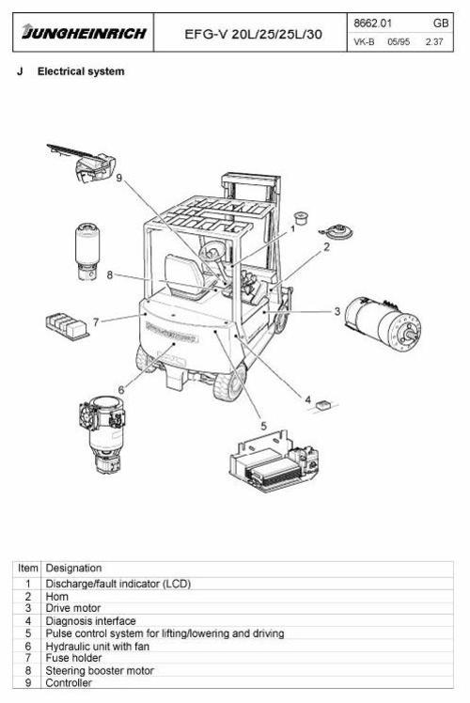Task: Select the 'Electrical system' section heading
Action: (80, 71)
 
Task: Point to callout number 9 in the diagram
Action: (119, 177)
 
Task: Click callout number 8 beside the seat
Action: (110, 275)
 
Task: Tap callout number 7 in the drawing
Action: (95, 321)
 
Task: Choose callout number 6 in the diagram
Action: (120, 388)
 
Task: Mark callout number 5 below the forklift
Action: (263, 425)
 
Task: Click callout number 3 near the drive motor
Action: (337, 311)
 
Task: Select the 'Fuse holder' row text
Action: (71, 658)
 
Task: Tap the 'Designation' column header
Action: (74, 568)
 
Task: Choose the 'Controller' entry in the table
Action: (70, 682)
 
